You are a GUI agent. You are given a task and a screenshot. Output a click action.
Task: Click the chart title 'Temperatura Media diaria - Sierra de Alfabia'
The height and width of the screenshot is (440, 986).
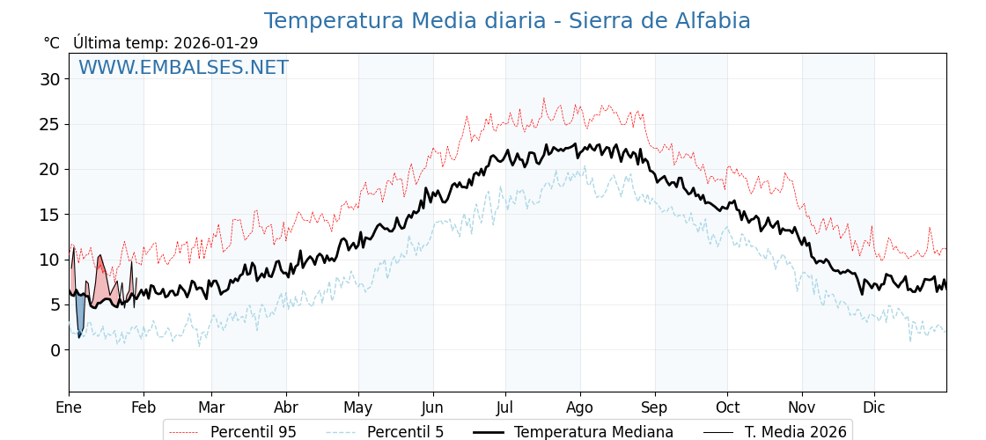507,21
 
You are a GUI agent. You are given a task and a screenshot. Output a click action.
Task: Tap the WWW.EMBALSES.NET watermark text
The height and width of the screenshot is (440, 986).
183,68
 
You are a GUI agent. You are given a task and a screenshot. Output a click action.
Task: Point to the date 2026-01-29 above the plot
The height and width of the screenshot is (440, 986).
216,43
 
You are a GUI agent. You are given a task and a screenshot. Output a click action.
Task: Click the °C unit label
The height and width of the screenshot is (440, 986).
52,43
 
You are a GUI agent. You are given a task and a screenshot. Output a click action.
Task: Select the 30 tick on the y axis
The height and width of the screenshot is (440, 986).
50,79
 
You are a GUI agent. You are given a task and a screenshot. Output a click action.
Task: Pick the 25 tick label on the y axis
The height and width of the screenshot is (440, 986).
50,124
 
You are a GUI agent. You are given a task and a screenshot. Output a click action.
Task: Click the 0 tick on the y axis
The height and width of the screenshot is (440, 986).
55,349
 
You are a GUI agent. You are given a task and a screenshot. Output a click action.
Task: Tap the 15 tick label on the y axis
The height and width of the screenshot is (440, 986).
50,215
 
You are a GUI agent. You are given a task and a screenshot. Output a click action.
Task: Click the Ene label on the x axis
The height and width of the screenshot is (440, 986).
69,407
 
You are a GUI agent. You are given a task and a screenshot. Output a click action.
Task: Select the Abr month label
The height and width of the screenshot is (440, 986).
286,407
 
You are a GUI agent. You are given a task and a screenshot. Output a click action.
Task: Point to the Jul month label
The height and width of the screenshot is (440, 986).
505,407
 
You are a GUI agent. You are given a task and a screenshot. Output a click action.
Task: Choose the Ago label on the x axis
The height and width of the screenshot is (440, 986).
580,407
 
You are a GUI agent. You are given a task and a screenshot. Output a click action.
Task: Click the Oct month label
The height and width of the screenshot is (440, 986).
727,407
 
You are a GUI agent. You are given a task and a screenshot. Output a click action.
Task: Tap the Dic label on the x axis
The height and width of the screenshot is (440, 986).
874,407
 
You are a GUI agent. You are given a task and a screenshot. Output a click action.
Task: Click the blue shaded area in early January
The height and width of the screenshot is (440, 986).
80,312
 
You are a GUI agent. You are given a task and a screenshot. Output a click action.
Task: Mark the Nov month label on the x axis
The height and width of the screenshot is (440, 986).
802,407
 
